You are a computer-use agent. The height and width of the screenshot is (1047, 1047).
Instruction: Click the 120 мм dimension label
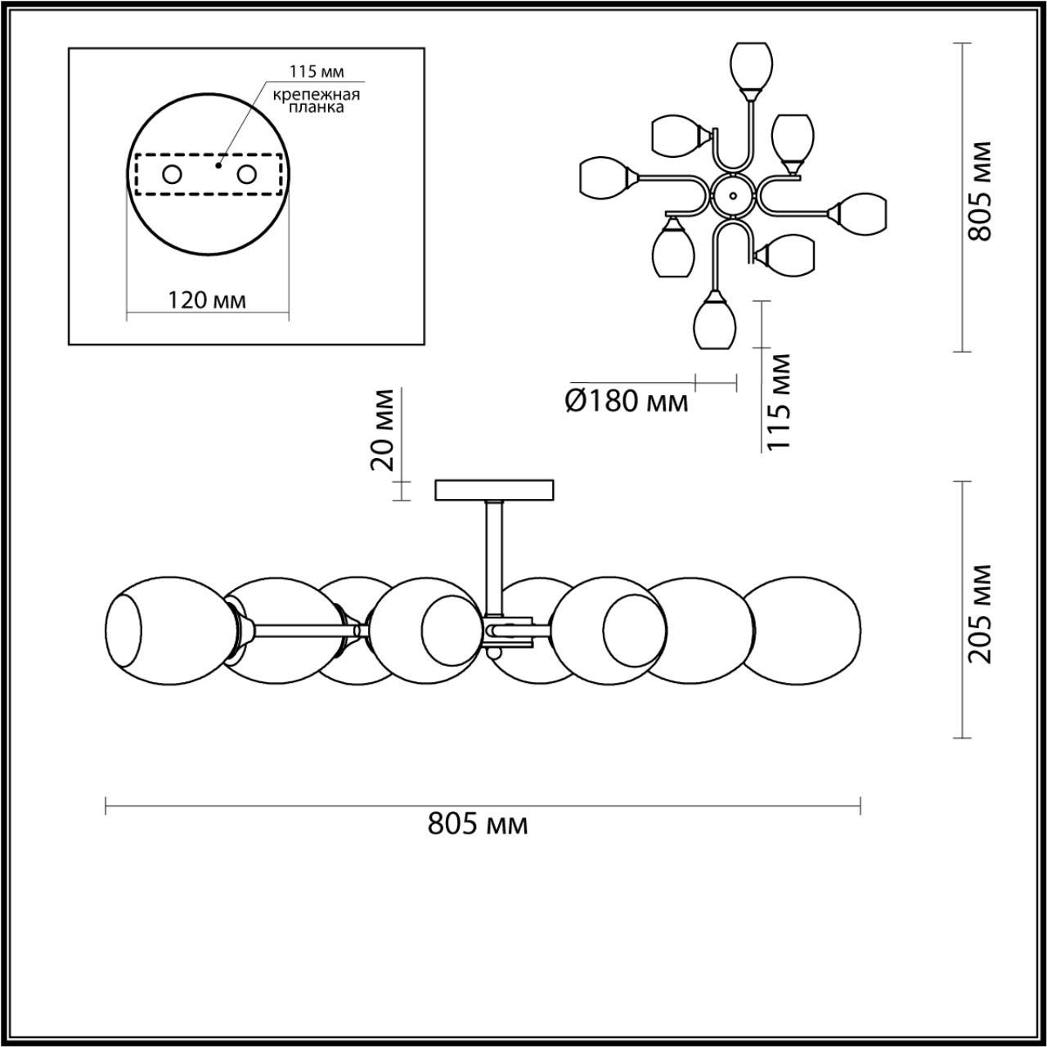tap(206, 300)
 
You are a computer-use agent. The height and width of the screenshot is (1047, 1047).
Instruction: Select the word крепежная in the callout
tap(317, 94)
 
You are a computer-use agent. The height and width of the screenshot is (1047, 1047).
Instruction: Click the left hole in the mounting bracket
tap(173, 174)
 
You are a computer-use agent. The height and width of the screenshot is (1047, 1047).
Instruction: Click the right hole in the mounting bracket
tap(246, 174)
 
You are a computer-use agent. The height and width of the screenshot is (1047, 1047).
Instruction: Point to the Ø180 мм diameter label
tap(627, 401)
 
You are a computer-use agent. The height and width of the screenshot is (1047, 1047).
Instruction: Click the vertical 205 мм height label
tap(979, 613)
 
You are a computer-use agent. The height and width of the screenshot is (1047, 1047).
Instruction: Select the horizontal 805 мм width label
tap(478, 824)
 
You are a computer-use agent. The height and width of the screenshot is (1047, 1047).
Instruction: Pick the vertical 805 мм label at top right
tap(979, 191)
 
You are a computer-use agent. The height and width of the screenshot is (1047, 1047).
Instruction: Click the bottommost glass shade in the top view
tap(715, 326)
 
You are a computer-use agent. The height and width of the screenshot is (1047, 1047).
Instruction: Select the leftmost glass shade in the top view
tap(604, 178)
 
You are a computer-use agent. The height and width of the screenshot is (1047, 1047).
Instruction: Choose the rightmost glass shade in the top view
tap(862, 213)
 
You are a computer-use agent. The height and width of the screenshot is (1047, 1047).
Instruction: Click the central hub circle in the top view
tap(733, 196)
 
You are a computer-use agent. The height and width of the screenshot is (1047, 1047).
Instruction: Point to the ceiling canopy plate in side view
tap(495, 490)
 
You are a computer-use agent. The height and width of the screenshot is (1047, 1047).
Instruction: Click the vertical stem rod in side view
tap(494, 556)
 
